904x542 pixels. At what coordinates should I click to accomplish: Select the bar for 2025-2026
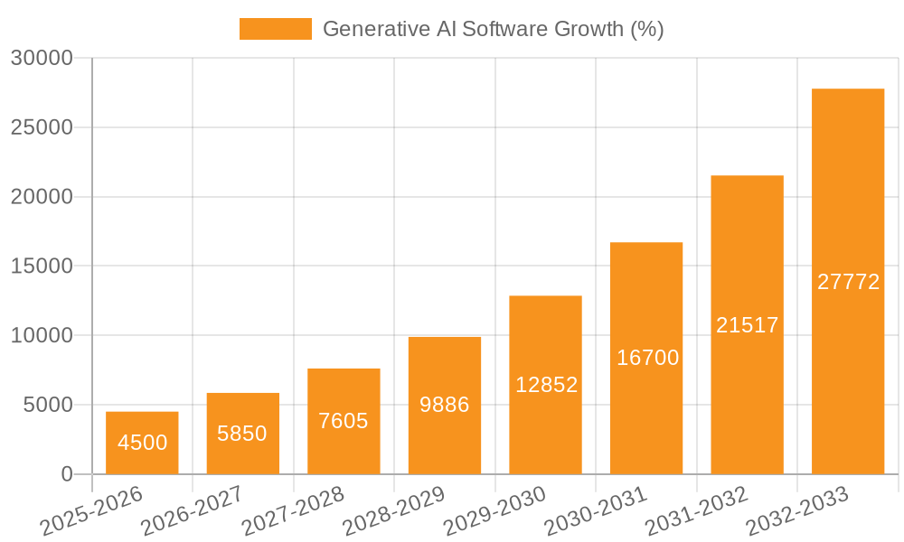(x=142, y=443)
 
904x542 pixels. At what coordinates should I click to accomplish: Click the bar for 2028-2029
(x=445, y=406)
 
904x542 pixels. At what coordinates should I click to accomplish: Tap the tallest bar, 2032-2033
(x=848, y=281)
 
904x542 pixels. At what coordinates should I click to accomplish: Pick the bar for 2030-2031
(x=646, y=358)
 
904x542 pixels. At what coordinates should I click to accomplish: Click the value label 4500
(x=142, y=443)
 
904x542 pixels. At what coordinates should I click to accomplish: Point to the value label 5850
(x=242, y=434)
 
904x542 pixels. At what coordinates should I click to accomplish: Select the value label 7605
(x=344, y=421)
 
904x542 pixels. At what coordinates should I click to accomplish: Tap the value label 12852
(x=546, y=385)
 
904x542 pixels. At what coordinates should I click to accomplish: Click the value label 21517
(x=747, y=325)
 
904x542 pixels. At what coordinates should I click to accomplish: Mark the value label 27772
(x=848, y=282)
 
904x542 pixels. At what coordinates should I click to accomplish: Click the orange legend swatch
(x=275, y=29)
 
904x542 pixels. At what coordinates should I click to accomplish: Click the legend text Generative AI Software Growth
(x=493, y=29)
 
